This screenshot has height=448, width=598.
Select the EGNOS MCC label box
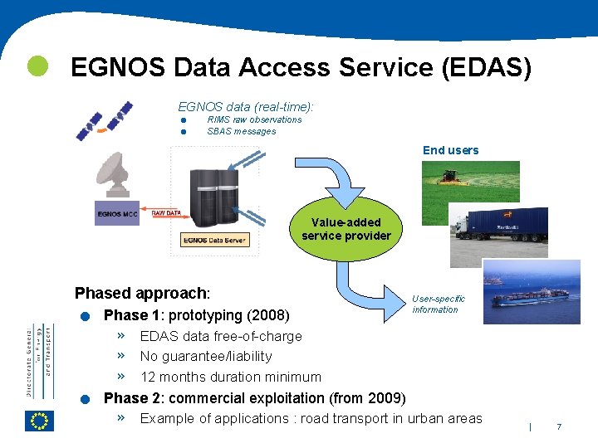pyautogui.click(x=117, y=214)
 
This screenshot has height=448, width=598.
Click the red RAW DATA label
pyautogui.click(x=166, y=213)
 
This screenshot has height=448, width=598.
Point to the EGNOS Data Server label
pyautogui.click(x=214, y=240)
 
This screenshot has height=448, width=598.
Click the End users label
pyautogui.click(x=450, y=150)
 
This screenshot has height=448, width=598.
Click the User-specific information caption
pyautogui.click(x=438, y=304)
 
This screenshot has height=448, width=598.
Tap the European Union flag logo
pyautogui.click(x=39, y=421)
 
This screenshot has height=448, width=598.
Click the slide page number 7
pyautogui.click(x=559, y=426)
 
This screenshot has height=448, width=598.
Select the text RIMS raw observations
pyautogui.click(x=254, y=119)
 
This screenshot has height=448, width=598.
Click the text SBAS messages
pyautogui.click(x=241, y=131)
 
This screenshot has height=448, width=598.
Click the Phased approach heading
pyautogui.click(x=142, y=293)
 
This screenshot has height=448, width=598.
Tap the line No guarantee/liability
pyautogui.click(x=205, y=356)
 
